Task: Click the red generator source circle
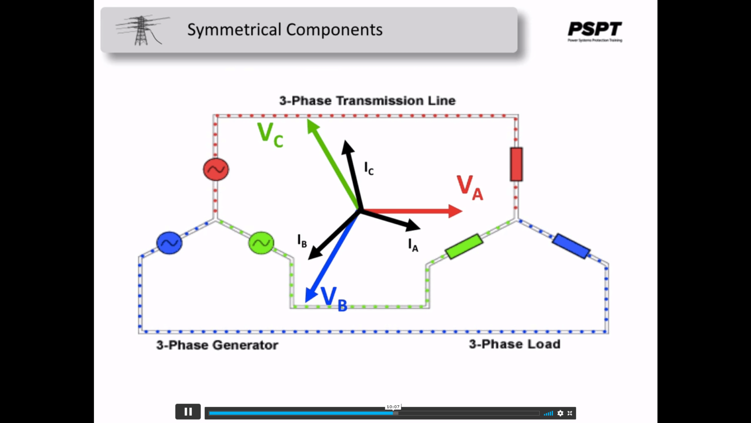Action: pyautogui.click(x=216, y=169)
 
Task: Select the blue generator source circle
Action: pyautogui.click(x=169, y=243)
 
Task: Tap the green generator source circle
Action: pyautogui.click(x=261, y=243)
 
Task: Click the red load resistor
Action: pyautogui.click(x=516, y=164)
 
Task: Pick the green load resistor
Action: pyautogui.click(x=464, y=246)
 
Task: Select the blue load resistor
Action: pyautogui.click(x=571, y=246)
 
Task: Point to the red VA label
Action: pyautogui.click(x=469, y=188)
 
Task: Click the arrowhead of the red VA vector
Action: pyautogui.click(x=456, y=211)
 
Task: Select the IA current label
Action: pyautogui.click(x=413, y=244)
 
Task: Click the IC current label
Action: pyautogui.click(x=369, y=168)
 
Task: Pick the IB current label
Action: pyautogui.click(x=302, y=240)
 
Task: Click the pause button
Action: pyautogui.click(x=188, y=412)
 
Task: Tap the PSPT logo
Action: pyautogui.click(x=595, y=31)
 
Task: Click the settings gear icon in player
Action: pyautogui.click(x=560, y=413)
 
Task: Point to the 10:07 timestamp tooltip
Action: pyautogui.click(x=393, y=407)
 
